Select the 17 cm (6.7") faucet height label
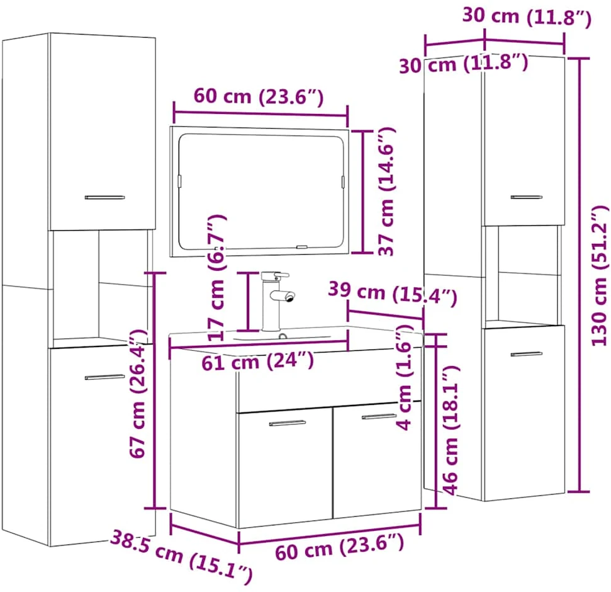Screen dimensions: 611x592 tap(217, 278)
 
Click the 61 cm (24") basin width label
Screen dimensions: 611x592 tap(257, 361)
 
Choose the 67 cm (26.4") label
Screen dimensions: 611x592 tap(138, 393)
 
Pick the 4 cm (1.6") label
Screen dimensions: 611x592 tap(404, 377)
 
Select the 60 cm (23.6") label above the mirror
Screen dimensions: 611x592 tap(259, 96)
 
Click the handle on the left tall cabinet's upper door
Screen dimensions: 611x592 tap(105, 197)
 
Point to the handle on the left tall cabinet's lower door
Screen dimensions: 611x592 tap(105, 377)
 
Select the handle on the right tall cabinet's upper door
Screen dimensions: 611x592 tap(527, 197)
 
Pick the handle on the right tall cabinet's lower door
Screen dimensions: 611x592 tap(527, 354)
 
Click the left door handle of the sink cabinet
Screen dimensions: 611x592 tap(288, 423)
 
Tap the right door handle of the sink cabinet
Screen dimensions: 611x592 tap(378, 416)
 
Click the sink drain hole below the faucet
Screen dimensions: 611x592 tap(283, 336)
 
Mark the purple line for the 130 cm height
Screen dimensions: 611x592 tap(580, 275)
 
